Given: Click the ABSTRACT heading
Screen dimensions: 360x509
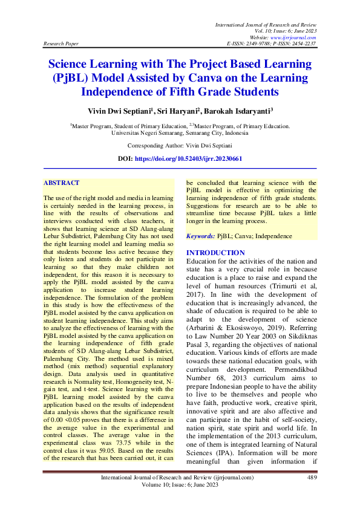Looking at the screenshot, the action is (61, 182).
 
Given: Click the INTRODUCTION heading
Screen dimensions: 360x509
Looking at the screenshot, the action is (215, 253).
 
